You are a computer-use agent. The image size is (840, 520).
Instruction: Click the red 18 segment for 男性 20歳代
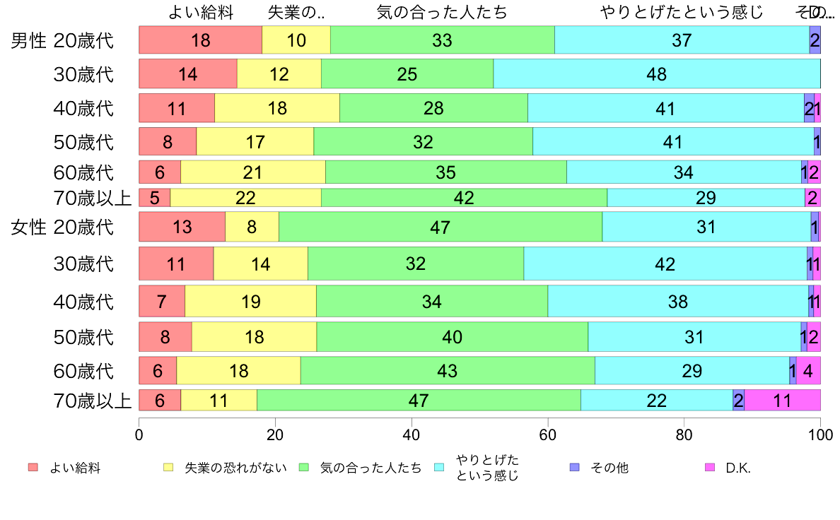(200, 40)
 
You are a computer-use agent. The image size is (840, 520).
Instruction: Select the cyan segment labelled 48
(656, 73)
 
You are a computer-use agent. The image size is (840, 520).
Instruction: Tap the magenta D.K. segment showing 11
(782, 400)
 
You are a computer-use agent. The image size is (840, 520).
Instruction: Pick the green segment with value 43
(447, 370)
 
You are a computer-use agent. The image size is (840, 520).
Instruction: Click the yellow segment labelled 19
(250, 302)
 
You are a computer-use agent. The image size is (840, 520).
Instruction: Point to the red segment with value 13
(182, 227)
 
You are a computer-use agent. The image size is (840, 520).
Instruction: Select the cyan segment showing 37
(682, 40)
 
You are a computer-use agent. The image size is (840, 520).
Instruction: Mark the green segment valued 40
(452, 337)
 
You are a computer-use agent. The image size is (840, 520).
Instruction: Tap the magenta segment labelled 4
(807, 370)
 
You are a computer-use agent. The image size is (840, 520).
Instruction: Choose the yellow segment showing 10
(296, 40)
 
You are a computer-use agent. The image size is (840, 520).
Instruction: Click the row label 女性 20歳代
(62, 227)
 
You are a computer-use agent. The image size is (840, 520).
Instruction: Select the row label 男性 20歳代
(62, 40)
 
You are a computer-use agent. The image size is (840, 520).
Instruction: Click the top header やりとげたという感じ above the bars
(682, 12)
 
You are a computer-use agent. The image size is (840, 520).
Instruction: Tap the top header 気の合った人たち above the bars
(442, 12)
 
